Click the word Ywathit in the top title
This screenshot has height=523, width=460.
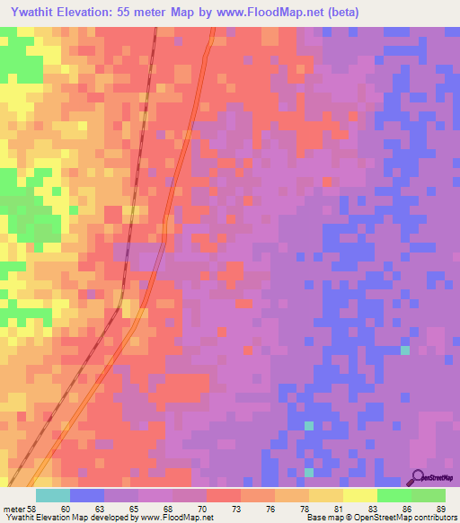coord(31,13)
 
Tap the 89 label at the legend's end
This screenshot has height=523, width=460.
coord(439,508)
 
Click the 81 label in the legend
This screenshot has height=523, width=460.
coord(338,508)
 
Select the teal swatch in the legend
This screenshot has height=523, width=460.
coord(53,495)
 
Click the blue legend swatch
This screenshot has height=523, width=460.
coord(87,495)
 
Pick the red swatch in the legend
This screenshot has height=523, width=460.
coord(224,495)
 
